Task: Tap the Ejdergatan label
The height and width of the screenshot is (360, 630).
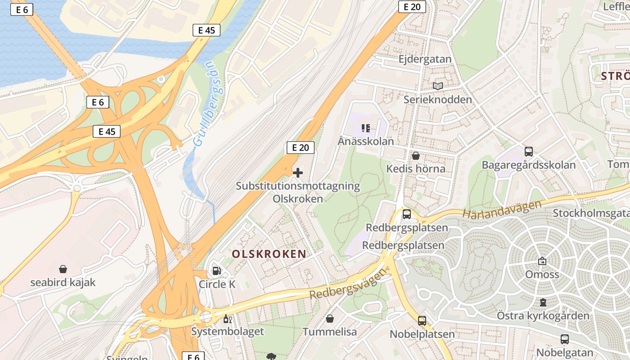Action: coord(425,59)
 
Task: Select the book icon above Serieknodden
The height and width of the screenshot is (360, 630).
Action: coord(438,86)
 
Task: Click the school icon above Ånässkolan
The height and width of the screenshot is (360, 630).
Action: coord(365,128)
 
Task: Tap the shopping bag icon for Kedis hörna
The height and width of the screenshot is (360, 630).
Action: coord(416,156)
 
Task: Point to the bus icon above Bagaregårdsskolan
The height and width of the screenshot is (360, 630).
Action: coord(528,152)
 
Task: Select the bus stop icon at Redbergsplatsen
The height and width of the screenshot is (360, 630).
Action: coord(406,214)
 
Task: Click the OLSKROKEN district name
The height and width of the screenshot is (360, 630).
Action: coord(269,254)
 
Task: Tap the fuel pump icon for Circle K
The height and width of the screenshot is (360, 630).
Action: coord(217,271)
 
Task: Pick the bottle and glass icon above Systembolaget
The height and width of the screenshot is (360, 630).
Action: coord(227,319)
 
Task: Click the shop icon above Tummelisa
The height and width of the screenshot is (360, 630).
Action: coord(330,319)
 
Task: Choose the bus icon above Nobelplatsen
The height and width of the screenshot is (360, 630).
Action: coord(422,321)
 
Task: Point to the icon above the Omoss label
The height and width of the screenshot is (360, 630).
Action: coord(542,261)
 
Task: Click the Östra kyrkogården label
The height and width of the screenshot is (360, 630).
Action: coord(543,315)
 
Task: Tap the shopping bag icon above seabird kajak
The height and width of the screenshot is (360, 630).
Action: coord(63,269)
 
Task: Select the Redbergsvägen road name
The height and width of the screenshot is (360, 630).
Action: coord(348,284)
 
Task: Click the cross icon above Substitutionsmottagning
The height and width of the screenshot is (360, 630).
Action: coord(298,173)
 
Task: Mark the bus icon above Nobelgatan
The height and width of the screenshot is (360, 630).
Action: coord(564,339)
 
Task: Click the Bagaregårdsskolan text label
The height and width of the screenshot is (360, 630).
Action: coord(528,165)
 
